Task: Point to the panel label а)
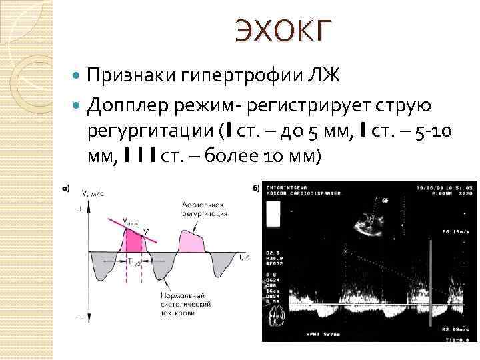[x=65, y=189]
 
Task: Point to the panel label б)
[x=256, y=189]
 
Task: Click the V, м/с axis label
[x=93, y=193]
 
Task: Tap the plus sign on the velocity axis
[x=81, y=209]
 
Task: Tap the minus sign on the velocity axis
[x=81, y=317]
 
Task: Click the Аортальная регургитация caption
[x=204, y=209]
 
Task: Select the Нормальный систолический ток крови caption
[x=185, y=303]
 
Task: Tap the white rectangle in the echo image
[x=273, y=216]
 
